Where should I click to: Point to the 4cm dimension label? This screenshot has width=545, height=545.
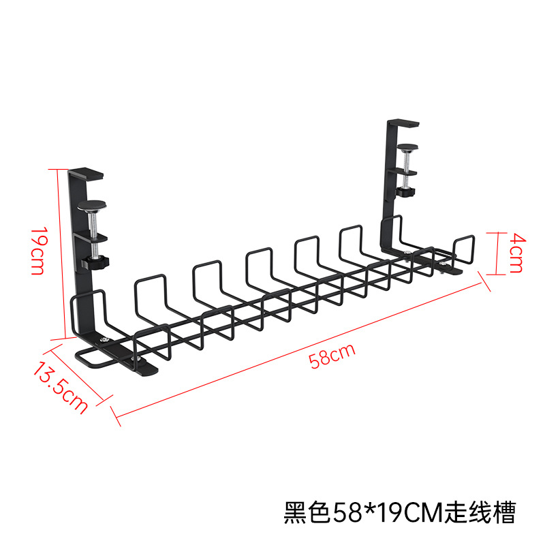[516, 252]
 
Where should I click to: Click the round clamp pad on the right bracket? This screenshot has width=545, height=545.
[407, 146]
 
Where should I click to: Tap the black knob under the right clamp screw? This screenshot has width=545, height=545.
[409, 191]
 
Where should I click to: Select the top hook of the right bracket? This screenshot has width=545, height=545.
[401, 123]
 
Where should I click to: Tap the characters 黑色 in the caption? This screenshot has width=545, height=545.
[307, 511]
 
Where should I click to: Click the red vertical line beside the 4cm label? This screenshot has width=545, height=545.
[489, 251]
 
